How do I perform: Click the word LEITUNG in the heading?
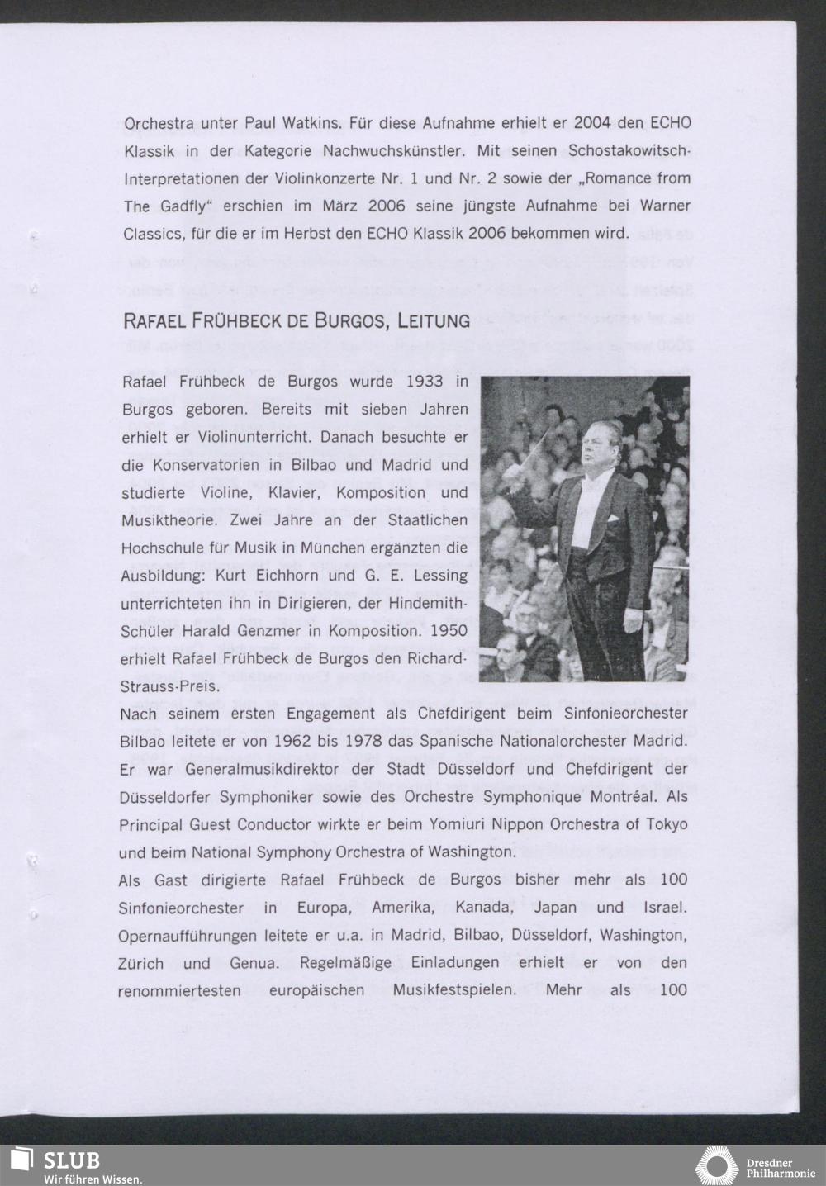pyautogui.click(x=434, y=320)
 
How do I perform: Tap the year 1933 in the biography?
pyautogui.click(x=426, y=382)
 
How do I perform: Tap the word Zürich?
pyautogui.click(x=141, y=964)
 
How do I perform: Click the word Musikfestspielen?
pyautogui.click(x=447, y=989)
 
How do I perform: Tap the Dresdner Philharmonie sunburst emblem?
pyautogui.click(x=716, y=1165)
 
